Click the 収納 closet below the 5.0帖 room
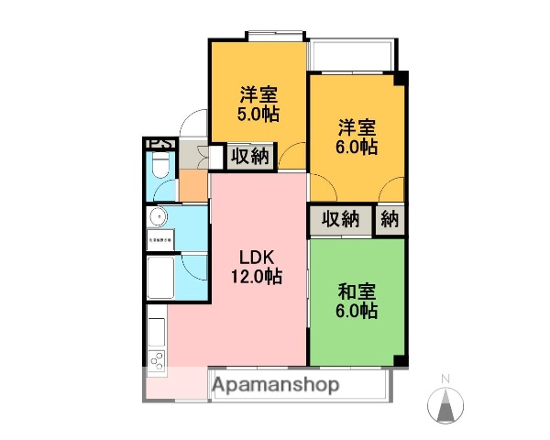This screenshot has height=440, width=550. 248,157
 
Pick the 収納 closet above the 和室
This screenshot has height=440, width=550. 340,219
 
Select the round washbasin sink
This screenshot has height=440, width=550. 157,218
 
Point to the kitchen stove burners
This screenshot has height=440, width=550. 156,359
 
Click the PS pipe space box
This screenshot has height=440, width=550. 158,143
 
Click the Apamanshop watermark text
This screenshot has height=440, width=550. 275,385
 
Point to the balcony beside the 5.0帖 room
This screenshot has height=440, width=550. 351,56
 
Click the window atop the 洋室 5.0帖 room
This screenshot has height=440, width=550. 275,37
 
